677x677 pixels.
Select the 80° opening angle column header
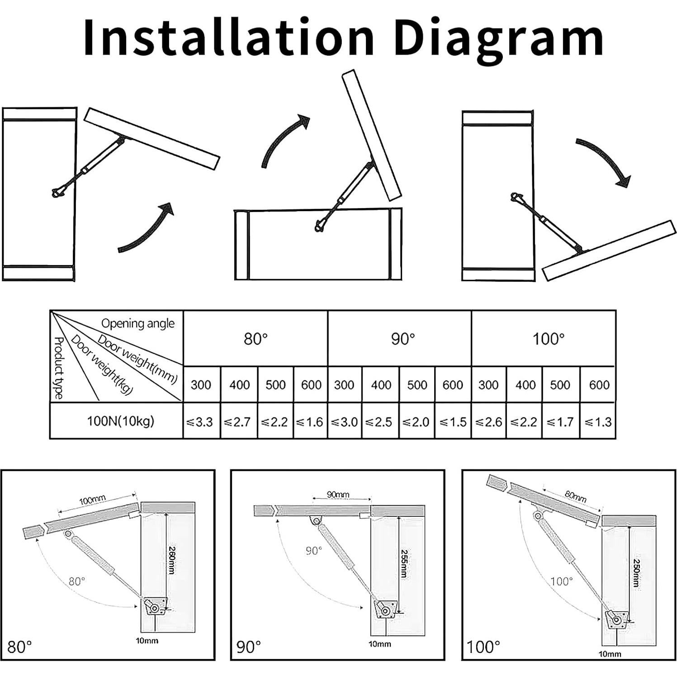click(x=256, y=339)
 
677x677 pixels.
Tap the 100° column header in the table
click(x=548, y=339)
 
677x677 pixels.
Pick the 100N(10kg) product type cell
click(x=120, y=421)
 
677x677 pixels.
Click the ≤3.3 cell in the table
click(x=199, y=422)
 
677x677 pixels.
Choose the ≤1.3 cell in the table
click(x=598, y=422)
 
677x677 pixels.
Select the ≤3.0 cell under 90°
click(x=344, y=422)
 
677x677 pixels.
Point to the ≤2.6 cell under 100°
click(x=488, y=422)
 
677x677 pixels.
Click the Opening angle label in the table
click(x=137, y=323)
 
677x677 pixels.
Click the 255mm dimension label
click(x=403, y=563)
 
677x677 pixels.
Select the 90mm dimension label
click(x=338, y=495)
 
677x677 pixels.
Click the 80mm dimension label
click(x=575, y=497)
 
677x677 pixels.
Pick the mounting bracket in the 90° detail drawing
click(x=385, y=608)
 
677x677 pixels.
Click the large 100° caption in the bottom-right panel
click(x=483, y=647)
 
